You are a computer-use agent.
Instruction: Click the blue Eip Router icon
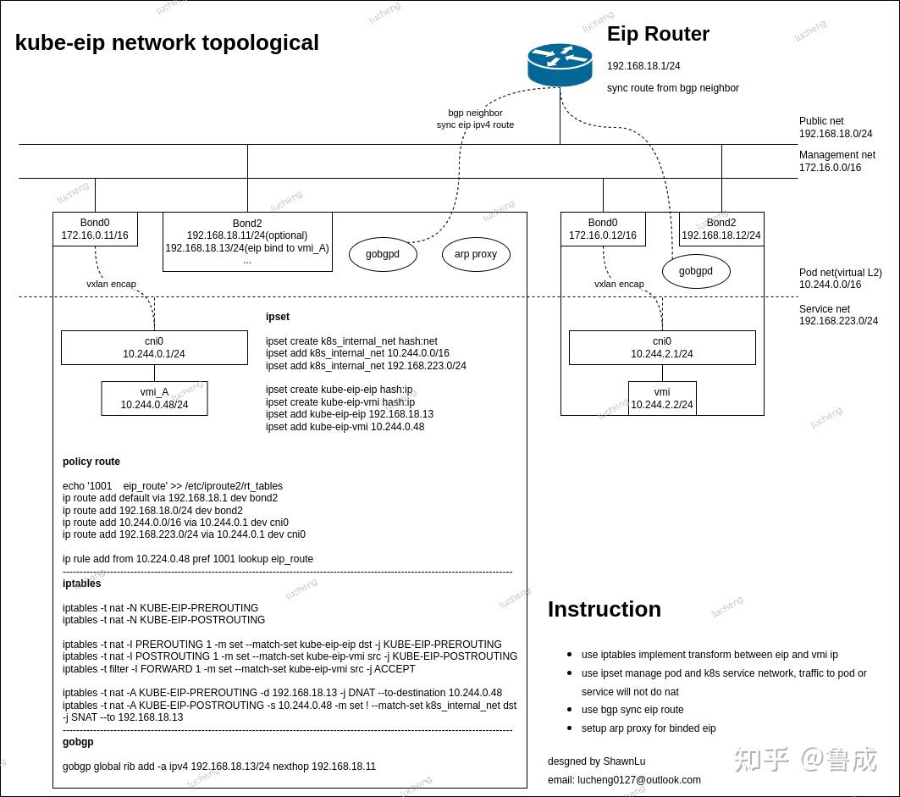(560, 65)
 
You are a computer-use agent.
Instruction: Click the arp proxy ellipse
(476, 254)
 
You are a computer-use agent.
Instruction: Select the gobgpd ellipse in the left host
(383, 254)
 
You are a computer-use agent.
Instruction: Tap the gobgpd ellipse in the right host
(695, 272)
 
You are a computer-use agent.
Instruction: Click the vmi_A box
(154, 398)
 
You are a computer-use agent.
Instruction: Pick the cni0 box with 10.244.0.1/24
(154, 348)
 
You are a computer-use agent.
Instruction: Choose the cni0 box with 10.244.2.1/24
(662, 348)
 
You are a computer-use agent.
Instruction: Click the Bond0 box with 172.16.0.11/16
(95, 229)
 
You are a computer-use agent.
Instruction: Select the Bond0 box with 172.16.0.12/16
(603, 229)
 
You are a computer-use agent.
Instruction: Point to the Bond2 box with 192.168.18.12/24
(721, 229)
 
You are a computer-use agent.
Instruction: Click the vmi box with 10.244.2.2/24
(662, 398)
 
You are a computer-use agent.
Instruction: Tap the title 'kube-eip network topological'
(167, 42)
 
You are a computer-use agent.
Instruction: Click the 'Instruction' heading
(604, 609)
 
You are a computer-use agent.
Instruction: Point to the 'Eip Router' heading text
(658, 34)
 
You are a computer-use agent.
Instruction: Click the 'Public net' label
(821, 121)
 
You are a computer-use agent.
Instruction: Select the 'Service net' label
(824, 309)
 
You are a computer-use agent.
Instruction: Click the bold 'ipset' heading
(278, 317)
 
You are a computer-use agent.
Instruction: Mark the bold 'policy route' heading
(91, 462)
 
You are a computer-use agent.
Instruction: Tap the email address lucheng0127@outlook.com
(639, 779)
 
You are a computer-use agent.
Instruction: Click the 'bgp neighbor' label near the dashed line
(475, 113)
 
